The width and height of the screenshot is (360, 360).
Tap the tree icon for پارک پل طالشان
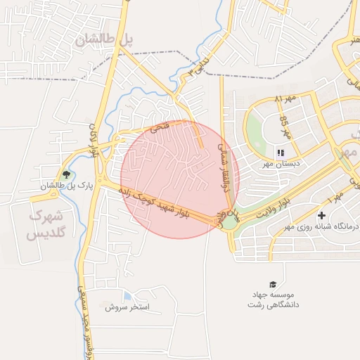tap(67, 174)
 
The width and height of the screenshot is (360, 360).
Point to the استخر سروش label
tap(132, 307)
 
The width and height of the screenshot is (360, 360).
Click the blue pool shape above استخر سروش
tap(127, 296)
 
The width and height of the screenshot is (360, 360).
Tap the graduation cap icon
tap(273, 283)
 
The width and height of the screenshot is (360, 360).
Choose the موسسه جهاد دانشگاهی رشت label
tap(274, 300)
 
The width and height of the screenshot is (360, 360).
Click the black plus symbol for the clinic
tap(322, 214)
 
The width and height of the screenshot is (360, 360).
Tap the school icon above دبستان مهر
tap(280, 153)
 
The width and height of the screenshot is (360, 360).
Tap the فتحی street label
tap(160, 129)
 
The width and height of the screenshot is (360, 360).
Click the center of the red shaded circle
tap(180, 179)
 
